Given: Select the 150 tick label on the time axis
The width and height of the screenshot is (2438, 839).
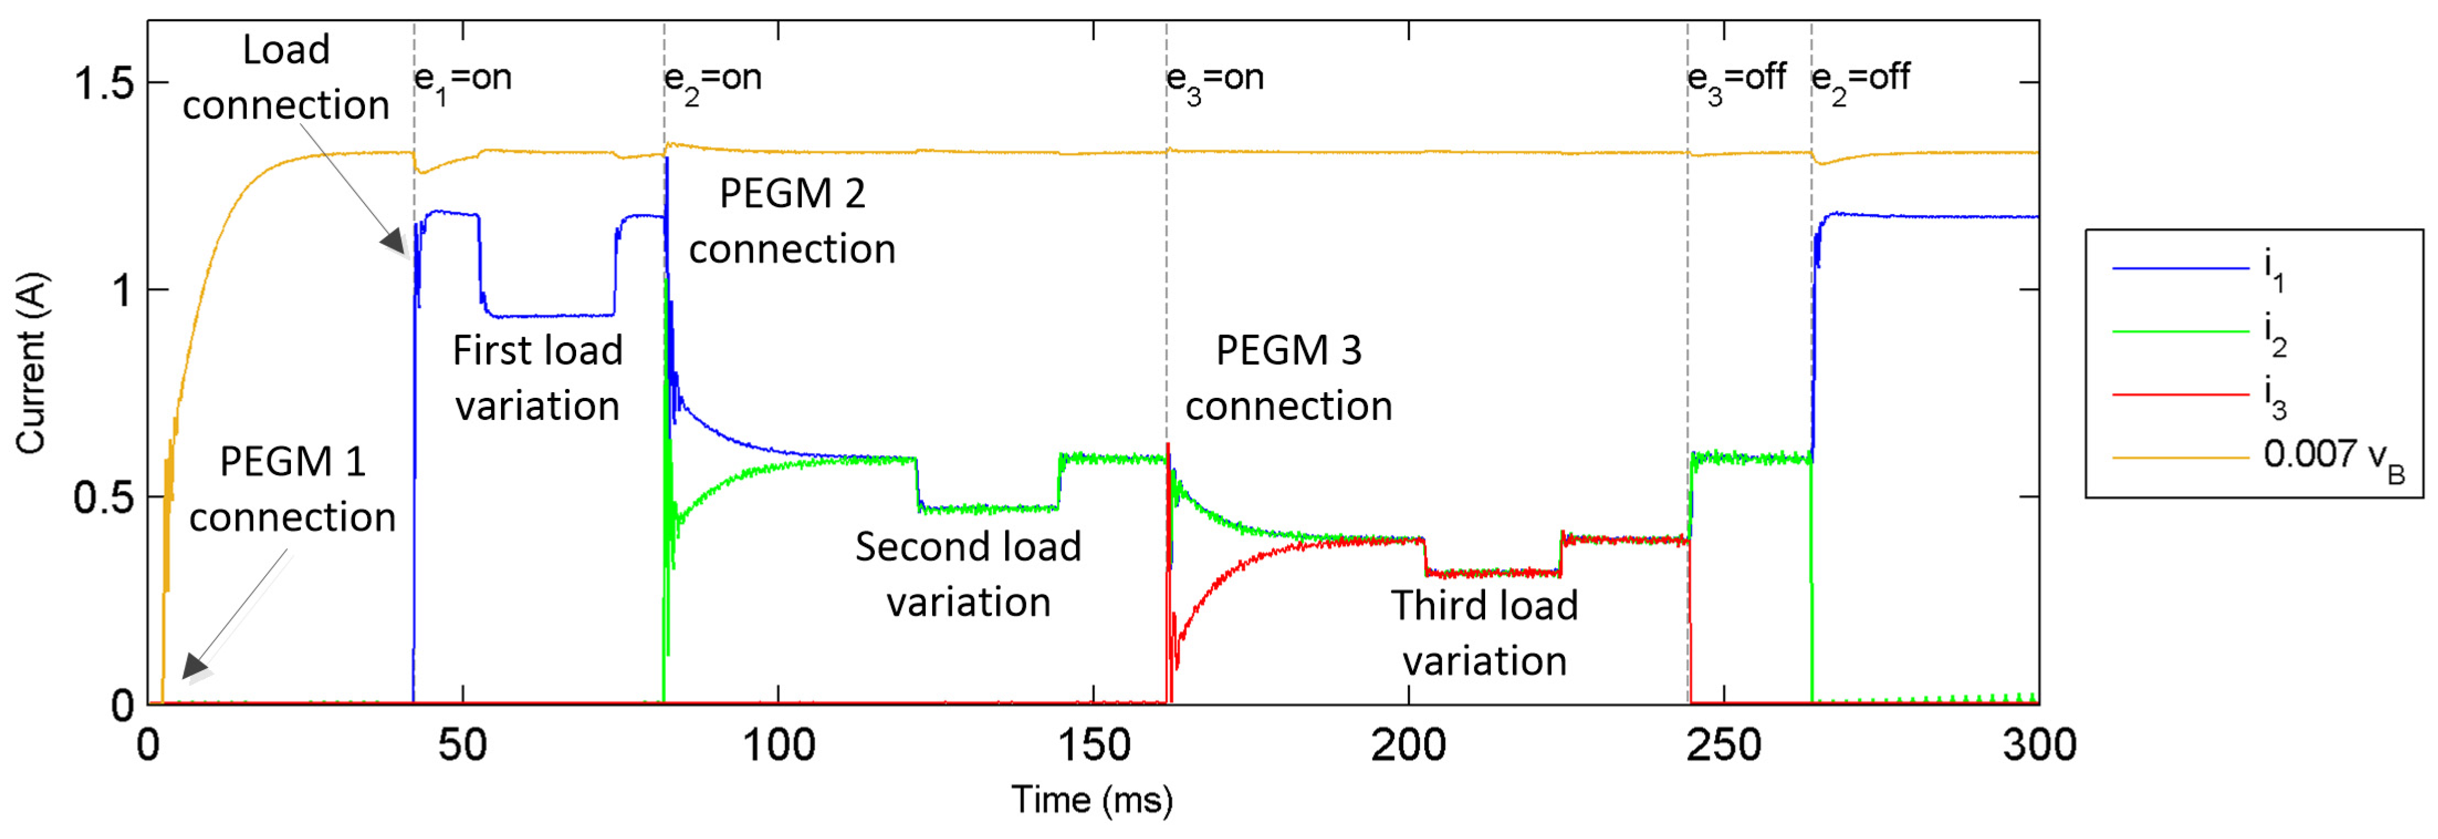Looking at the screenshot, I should tap(1093, 745).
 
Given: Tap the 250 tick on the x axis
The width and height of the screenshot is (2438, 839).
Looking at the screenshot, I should tap(1724, 745).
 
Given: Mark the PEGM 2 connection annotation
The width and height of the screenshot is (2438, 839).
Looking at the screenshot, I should tap(792, 221).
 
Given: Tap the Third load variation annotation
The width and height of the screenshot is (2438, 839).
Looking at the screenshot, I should tap(1484, 633).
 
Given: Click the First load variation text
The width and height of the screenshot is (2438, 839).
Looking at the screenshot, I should tap(538, 377).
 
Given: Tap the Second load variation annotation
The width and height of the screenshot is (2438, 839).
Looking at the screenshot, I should tap(968, 574).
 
